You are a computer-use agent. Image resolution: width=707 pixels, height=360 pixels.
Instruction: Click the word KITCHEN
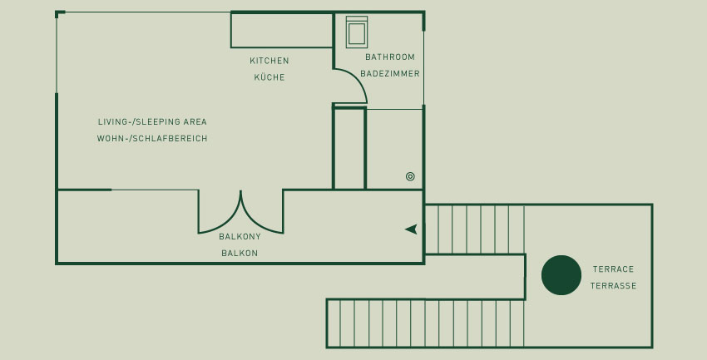[x=269, y=61]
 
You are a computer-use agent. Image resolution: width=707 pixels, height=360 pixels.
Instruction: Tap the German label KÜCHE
[x=269, y=77]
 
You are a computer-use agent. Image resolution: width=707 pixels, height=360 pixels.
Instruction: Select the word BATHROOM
[x=390, y=57]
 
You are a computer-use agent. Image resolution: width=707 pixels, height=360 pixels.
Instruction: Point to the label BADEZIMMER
[x=390, y=73]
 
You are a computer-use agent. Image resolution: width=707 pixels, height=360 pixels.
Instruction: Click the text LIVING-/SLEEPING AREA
[x=152, y=121]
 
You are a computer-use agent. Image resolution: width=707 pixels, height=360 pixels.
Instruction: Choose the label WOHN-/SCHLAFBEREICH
[x=152, y=138]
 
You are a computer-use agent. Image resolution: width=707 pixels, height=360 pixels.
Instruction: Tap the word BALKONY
[x=240, y=237]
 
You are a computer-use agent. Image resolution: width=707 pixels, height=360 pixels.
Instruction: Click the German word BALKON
[x=240, y=254]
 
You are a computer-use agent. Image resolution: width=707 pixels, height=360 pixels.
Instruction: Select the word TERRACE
[x=613, y=269]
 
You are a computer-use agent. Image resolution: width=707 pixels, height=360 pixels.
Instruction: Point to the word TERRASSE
[x=613, y=286]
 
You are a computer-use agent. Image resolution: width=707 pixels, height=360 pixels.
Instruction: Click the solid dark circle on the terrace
[x=561, y=275]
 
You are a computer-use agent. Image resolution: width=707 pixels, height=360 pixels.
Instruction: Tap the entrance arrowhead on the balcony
[x=411, y=229]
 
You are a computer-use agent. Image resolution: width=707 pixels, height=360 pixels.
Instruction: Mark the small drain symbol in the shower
[x=410, y=176]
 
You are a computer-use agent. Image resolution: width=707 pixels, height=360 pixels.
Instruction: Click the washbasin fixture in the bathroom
[x=357, y=32]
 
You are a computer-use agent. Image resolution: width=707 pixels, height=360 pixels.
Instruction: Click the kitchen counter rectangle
[x=282, y=30]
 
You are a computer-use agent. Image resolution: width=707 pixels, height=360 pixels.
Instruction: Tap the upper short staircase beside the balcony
[x=475, y=229]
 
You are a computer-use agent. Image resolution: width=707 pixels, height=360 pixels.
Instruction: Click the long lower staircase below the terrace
[x=426, y=323]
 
